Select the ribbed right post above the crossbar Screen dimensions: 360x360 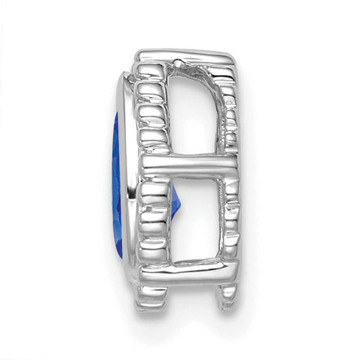click(x=229, y=110)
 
